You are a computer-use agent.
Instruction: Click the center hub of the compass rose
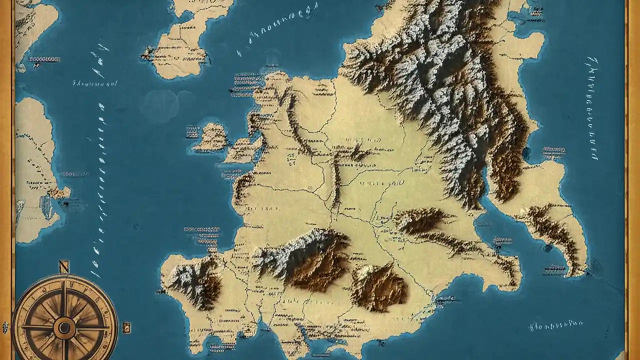click(x=64, y=328)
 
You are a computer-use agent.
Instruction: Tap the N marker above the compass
click(x=63, y=266)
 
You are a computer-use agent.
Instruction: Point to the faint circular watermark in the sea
click(x=160, y=105)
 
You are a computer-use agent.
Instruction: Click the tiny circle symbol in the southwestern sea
click(x=135, y=226)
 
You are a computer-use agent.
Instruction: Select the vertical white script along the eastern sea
click(x=591, y=107)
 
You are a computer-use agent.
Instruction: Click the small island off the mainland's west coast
click(x=210, y=137)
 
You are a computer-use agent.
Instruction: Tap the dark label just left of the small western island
click(x=192, y=132)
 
